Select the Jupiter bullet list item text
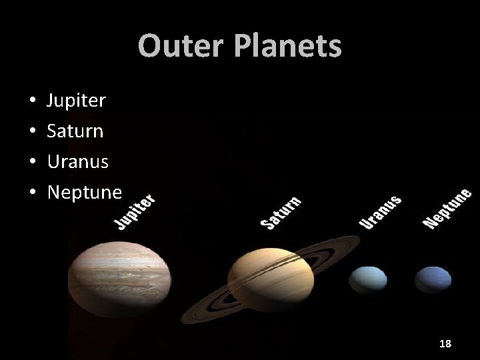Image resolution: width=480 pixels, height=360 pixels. [76, 101]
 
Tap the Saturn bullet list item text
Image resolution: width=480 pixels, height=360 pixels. [75, 131]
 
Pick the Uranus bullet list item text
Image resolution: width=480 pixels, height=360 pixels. [77, 162]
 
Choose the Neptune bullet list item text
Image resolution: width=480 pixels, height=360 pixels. [84, 193]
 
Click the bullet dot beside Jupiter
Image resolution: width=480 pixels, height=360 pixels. [32, 101]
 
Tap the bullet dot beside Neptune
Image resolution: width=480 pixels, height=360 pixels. [32, 193]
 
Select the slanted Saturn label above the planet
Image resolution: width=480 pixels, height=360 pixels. [281, 213]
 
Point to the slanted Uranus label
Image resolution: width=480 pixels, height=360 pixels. [381, 212]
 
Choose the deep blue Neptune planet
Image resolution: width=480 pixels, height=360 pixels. [433, 279]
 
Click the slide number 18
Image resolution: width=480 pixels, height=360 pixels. [445, 343]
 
